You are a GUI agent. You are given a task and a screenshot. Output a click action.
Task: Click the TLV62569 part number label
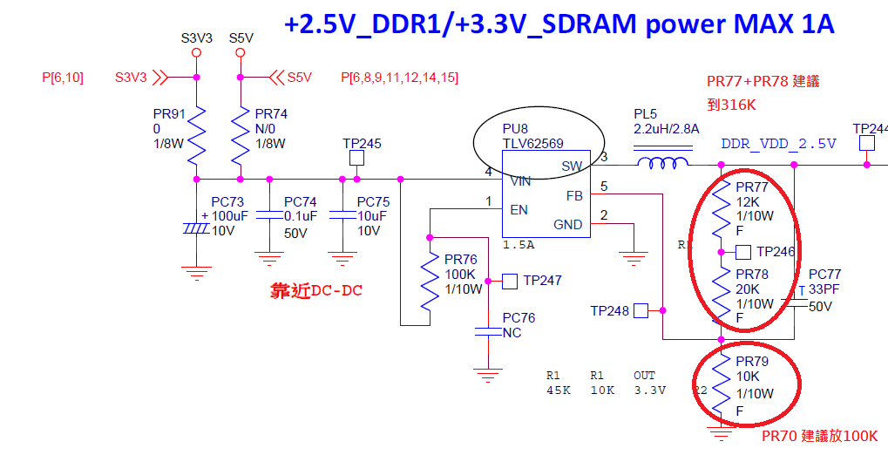pyautogui.click(x=532, y=144)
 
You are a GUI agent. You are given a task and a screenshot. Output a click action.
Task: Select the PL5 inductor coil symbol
pyautogui.click(x=661, y=163)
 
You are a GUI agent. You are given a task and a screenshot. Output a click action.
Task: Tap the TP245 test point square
pyautogui.click(x=356, y=159)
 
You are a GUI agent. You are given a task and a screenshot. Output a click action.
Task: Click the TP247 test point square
pyautogui.click(x=511, y=281)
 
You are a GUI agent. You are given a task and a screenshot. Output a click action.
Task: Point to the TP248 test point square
pyautogui.click(x=640, y=310)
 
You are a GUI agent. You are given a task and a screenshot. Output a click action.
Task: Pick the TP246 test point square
pyautogui.click(x=743, y=252)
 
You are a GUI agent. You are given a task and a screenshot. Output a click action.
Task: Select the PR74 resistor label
pyautogui.click(x=271, y=113)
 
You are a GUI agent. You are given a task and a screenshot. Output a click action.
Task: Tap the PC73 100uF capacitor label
pyautogui.click(x=227, y=202)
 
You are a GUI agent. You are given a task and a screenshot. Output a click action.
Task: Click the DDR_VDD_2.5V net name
pyautogui.click(x=778, y=144)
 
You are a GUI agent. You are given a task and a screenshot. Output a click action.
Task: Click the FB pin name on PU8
pyautogui.click(x=573, y=196)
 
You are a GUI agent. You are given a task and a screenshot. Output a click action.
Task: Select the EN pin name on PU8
pyautogui.click(x=518, y=209)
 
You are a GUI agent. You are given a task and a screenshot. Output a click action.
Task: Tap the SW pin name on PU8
pyautogui.click(x=571, y=166)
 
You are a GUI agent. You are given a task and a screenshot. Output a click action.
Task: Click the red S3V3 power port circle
pyautogui.click(x=196, y=53)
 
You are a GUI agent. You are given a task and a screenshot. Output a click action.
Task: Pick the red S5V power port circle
pyautogui.click(x=241, y=53)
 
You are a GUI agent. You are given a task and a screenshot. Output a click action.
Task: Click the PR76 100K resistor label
pyautogui.click(x=461, y=260)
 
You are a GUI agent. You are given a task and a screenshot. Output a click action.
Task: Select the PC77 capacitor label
pyautogui.click(x=824, y=275)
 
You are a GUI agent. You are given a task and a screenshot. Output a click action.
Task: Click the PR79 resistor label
pyautogui.click(x=752, y=361)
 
